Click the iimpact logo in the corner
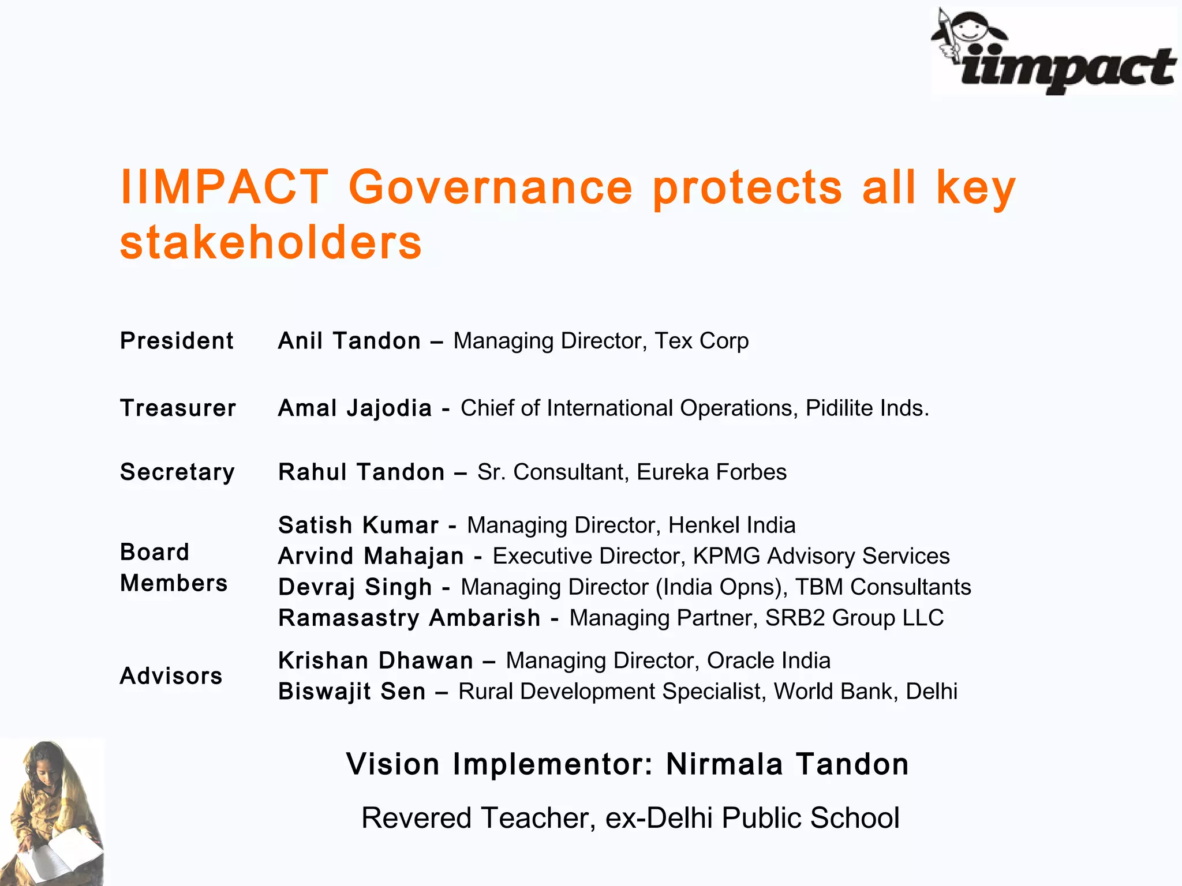coord(1053,52)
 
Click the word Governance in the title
coord(491,187)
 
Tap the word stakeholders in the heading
coord(271,242)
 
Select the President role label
coord(177,341)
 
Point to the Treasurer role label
coord(178,408)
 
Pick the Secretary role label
coord(177,472)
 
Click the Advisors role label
coord(171,676)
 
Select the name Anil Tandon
coord(349,341)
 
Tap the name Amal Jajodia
coord(354,408)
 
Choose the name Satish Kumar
coord(358,525)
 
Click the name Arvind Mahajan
coord(371,557)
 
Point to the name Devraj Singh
coord(354,587)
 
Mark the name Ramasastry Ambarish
coord(409,618)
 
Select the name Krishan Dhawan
coord(375,661)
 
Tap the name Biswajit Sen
coord(351,692)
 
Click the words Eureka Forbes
coord(711,472)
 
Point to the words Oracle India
coord(768,661)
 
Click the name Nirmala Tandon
coord(787,764)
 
